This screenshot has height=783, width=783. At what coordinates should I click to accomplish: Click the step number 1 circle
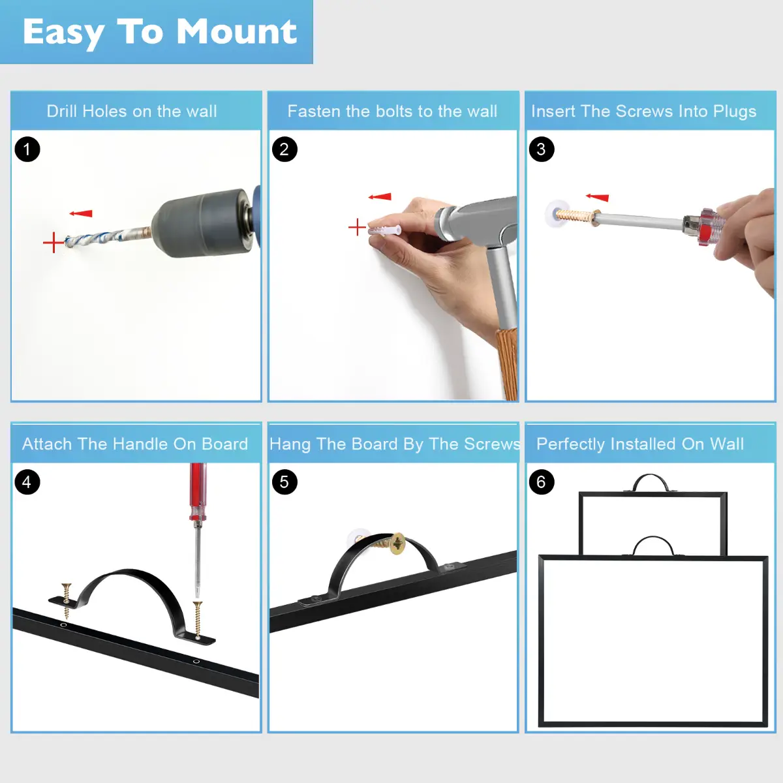(27, 149)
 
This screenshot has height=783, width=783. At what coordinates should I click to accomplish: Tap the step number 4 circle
(27, 482)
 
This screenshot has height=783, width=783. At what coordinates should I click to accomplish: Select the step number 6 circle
(542, 482)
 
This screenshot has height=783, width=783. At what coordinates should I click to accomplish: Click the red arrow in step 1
(81, 213)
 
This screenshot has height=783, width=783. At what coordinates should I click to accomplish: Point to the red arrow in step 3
(597, 198)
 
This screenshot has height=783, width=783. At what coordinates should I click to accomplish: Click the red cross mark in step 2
(357, 227)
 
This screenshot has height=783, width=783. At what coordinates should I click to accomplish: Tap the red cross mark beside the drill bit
(54, 243)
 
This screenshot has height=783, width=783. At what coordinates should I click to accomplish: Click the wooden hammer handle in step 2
(507, 363)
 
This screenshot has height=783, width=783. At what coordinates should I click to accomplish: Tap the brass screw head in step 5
(397, 544)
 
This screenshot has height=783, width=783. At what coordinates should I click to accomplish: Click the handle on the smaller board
(651, 476)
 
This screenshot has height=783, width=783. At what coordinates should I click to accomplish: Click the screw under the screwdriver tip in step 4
(198, 620)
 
